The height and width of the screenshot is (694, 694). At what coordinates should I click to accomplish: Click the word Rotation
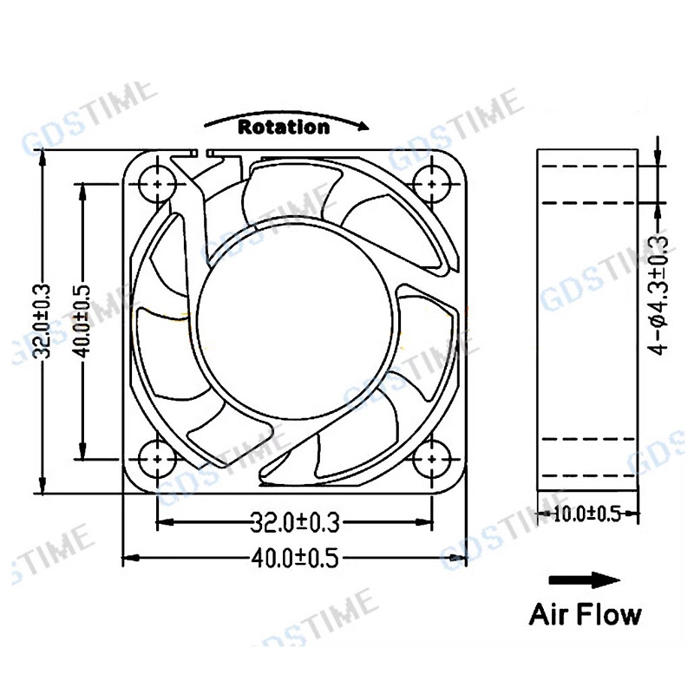(284, 127)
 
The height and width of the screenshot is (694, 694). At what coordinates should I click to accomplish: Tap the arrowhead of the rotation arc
(363, 127)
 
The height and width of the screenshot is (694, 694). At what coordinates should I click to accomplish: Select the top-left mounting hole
(157, 183)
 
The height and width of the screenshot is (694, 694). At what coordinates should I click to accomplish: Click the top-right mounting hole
(432, 183)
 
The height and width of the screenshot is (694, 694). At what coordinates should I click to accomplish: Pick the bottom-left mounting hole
(157, 459)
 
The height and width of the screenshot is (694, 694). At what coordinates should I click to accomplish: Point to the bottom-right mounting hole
(432, 459)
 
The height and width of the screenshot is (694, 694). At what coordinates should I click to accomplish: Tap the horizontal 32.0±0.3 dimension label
(295, 522)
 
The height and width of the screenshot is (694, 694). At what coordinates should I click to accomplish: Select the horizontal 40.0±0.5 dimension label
(295, 558)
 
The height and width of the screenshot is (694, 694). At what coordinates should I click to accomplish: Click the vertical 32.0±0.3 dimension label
(43, 321)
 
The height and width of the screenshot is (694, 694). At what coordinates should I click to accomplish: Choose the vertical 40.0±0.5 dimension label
(82, 321)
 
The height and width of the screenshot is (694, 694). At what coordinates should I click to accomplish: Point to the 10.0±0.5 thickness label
(587, 514)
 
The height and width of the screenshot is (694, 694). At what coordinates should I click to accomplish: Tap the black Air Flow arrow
(584, 579)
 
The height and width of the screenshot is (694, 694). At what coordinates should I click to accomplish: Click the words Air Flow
(585, 614)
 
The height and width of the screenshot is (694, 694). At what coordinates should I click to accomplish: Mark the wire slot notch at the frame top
(202, 154)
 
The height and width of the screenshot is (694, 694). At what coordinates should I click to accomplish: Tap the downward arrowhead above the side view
(658, 157)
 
